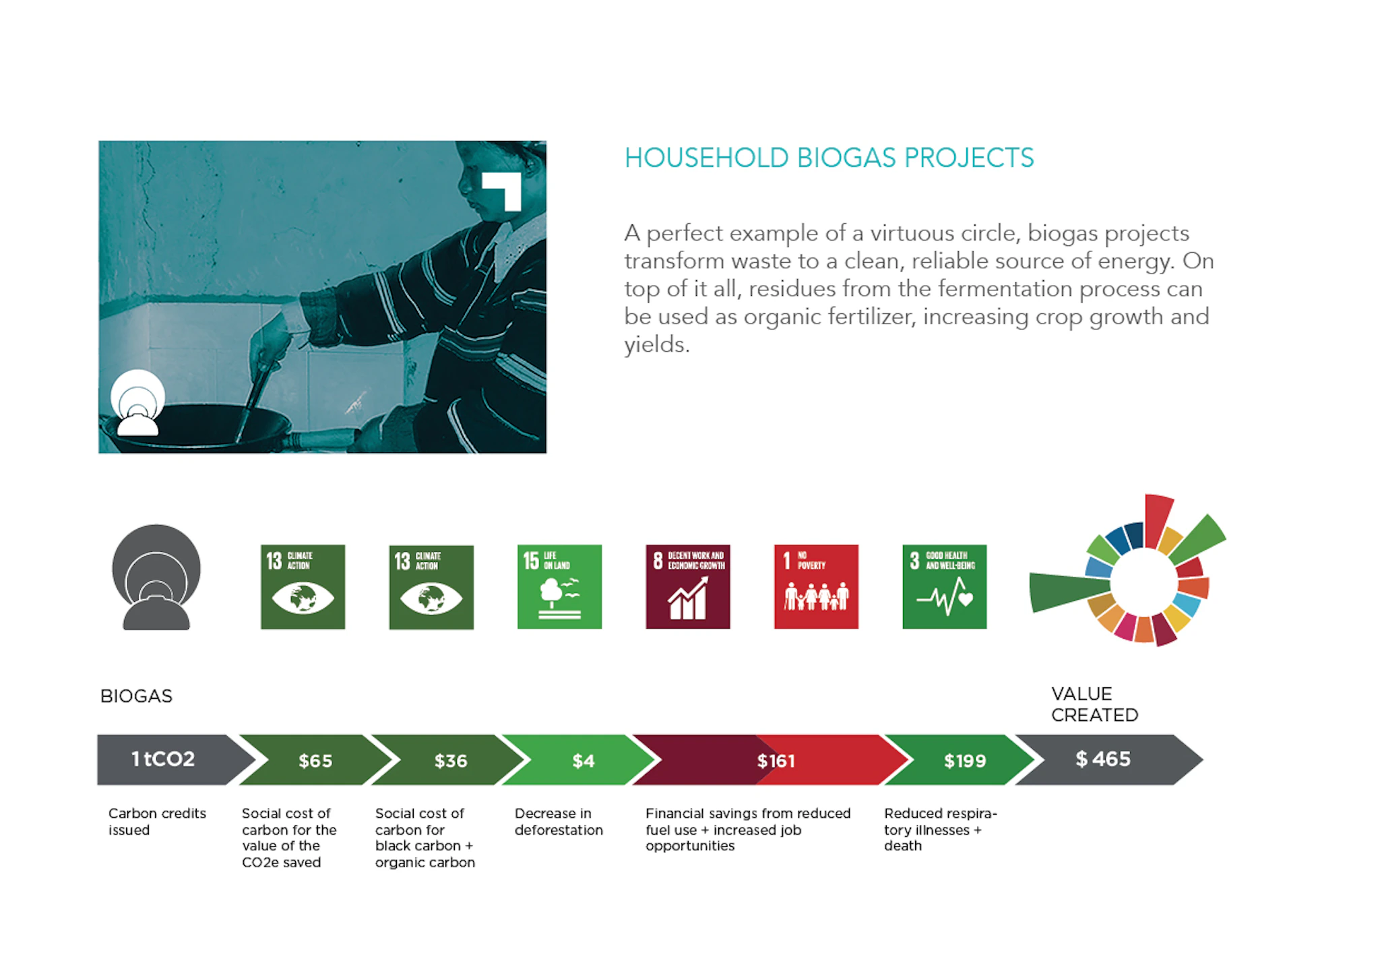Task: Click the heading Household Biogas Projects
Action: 829,158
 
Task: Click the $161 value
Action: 776,761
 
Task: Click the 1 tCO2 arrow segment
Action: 172,759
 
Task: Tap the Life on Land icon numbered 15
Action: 559,587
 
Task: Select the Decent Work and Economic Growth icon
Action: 688,587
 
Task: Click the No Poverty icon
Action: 816,587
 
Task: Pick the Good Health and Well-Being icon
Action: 945,587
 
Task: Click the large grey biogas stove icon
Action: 156,577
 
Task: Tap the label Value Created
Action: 1094,704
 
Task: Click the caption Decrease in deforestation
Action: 559,821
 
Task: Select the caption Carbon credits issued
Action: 157,821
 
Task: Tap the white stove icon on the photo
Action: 137,402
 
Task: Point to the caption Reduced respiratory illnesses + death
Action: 940,829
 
